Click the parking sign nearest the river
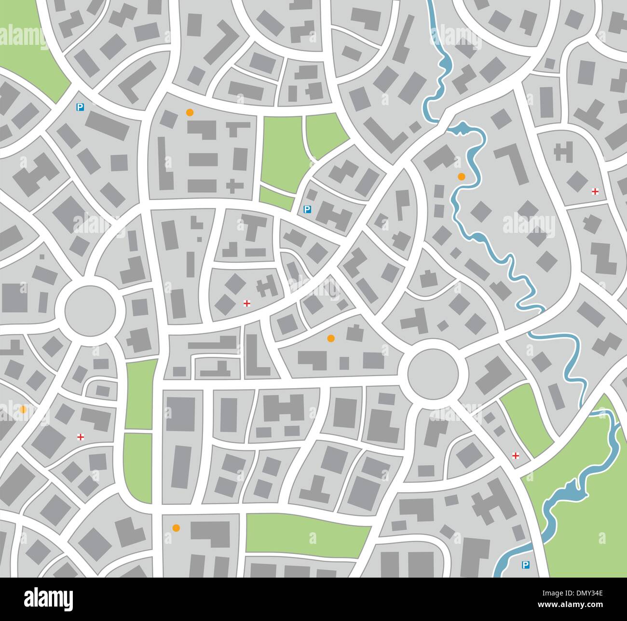pyautogui.click(x=525, y=565)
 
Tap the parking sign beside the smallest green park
pyautogui.click(x=307, y=209)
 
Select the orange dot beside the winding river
pyautogui.click(x=461, y=176)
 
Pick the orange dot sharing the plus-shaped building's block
pyautogui.click(x=190, y=112)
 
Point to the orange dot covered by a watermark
pyautogui.click(x=23, y=409)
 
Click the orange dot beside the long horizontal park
pyautogui.click(x=176, y=527)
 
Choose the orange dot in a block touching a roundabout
pyautogui.click(x=330, y=338)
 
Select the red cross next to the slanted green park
pyautogui.click(x=515, y=455)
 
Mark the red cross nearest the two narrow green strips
pyautogui.click(x=81, y=437)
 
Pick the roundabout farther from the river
pyautogui.click(x=90, y=309)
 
